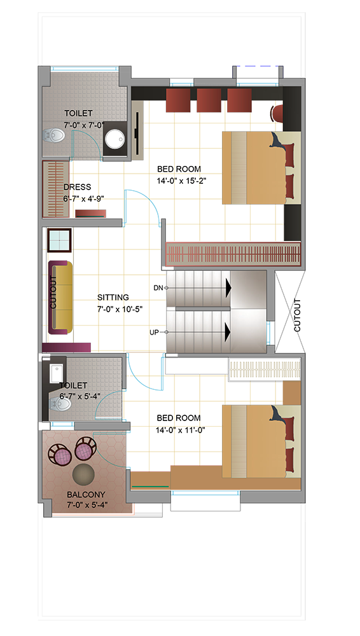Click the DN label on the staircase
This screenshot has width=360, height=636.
(x=158, y=288)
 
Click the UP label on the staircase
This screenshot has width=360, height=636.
(x=154, y=332)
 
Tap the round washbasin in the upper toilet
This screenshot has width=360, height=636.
(x=114, y=139)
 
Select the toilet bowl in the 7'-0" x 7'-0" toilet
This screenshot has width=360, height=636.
(x=54, y=135)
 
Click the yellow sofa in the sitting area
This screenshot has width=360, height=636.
(x=60, y=298)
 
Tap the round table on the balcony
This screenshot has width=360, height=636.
(x=83, y=473)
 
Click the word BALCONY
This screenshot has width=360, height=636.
(x=86, y=495)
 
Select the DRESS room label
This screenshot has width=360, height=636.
(x=77, y=187)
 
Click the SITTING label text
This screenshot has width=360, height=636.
(x=113, y=297)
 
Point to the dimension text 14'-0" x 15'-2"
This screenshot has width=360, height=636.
(x=182, y=181)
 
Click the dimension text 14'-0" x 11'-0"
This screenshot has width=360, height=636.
(x=180, y=429)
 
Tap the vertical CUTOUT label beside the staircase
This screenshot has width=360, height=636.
(x=298, y=315)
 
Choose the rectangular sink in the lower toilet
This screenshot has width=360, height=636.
(x=57, y=373)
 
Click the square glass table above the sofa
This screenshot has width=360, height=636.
(x=60, y=240)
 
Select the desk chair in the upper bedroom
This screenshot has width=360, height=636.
(x=277, y=113)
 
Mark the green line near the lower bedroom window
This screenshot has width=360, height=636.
(x=149, y=485)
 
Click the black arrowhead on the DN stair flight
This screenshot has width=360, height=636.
(x=228, y=288)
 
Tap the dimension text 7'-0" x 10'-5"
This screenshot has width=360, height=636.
(x=120, y=309)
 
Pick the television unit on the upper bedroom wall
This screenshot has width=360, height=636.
(x=137, y=128)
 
